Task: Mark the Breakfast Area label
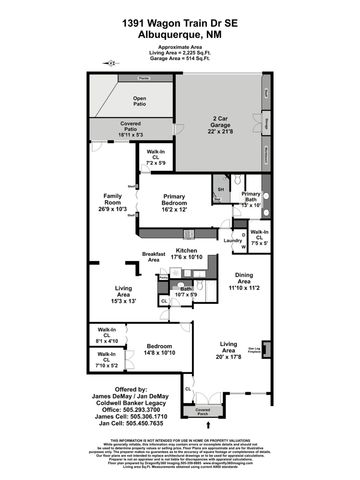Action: (x=153, y=257)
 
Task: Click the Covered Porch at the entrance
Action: (x=203, y=411)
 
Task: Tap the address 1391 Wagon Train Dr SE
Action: (x=180, y=22)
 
